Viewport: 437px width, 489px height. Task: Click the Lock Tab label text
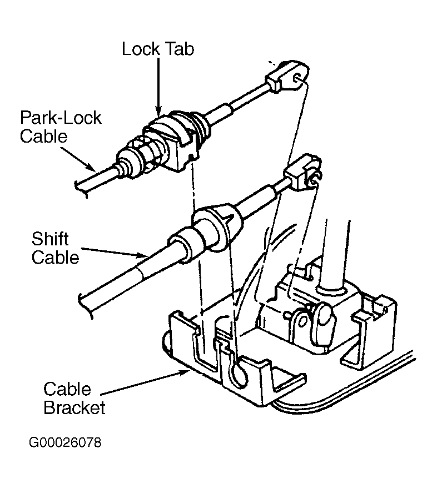click(158, 49)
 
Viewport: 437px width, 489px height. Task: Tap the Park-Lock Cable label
click(61, 127)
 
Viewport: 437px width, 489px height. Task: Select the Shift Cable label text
click(55, 248)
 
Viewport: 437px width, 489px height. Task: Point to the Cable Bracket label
click(75, 398)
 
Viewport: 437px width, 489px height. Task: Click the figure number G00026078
click(65, 442)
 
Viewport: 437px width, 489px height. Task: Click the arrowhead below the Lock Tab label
click(158, 110)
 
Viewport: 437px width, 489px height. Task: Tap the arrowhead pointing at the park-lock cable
click(91, 168)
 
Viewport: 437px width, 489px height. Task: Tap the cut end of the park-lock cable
click(81, 189)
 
